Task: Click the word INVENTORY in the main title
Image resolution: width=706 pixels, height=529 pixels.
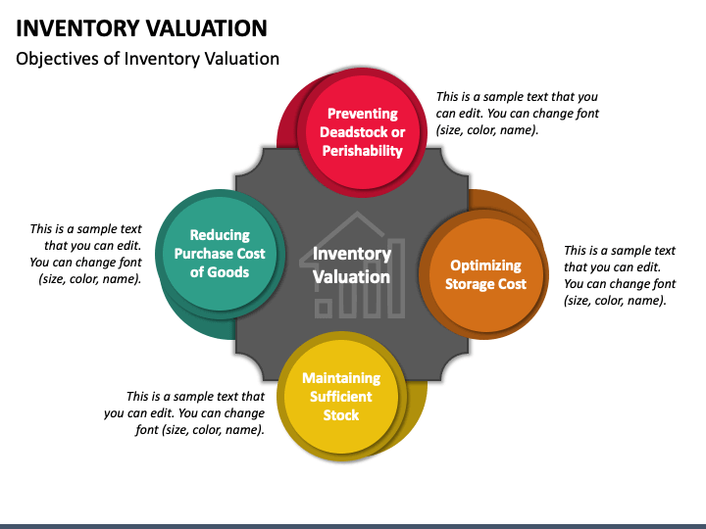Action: click(77, 28)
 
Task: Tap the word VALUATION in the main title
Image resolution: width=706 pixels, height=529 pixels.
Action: click(207, 28)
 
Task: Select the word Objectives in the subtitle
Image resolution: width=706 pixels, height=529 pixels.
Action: click(57, 59)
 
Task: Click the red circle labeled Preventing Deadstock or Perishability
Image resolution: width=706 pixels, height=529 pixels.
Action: click(363, 132)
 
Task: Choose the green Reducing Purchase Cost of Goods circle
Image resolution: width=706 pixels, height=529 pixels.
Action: click(220, 254)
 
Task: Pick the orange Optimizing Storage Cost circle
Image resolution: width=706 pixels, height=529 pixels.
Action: click(485, 274)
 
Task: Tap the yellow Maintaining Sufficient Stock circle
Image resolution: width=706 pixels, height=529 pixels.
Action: click(341, 396)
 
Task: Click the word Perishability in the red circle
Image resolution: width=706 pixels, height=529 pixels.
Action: click(363, 151)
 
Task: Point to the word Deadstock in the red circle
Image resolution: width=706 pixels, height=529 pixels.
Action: click(348, 132)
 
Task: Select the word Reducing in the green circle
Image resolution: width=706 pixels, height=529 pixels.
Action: click(220, 235)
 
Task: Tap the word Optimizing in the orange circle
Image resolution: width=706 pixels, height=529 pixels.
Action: click(485, 265)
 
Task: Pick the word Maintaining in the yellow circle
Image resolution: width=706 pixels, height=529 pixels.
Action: click(341, 378)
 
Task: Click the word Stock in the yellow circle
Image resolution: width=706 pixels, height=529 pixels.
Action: click(341, 414)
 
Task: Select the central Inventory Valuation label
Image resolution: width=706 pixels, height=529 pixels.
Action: click(352, 265)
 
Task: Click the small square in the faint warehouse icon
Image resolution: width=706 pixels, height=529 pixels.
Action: click(323, 309)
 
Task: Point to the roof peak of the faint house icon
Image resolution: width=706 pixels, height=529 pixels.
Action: click(358, 213)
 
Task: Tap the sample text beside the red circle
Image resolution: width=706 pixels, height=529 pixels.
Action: click(518, 114)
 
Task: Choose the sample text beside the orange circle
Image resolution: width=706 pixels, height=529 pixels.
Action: click(620, 275)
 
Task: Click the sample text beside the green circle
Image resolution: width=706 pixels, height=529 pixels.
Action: click(85, 254)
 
